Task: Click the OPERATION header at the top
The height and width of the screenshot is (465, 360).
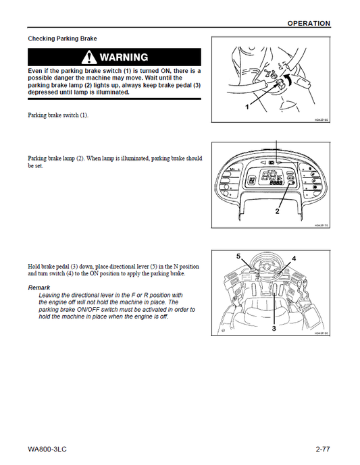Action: pyautogui.click(x=309, y=24)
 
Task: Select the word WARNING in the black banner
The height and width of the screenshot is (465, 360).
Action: pyautogui.click(x=124, y=57)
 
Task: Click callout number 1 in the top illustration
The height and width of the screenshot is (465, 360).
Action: pyautogui.click(x=247, y=107)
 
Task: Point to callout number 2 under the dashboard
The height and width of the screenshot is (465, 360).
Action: pyautogui.click(x=276, y=211)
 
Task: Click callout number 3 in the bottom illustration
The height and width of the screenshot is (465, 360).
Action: pyautogui.click(x=274, y=328)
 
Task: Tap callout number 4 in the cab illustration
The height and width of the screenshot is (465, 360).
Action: pyautogui.click(x=294, y=258)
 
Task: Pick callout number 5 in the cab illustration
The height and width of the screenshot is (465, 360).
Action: pyautogui.click(x=238, y=256)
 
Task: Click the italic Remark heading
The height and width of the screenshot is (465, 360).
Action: pyautogui.click(x=43, y=288)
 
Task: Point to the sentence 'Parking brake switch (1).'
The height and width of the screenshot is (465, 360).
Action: pyautogui.click(x=58, y=115)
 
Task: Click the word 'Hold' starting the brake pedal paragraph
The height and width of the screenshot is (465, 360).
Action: pyautogui.click(x=34, y=267)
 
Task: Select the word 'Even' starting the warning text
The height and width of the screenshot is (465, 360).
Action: pyautogui.click(x=36, y=71)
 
